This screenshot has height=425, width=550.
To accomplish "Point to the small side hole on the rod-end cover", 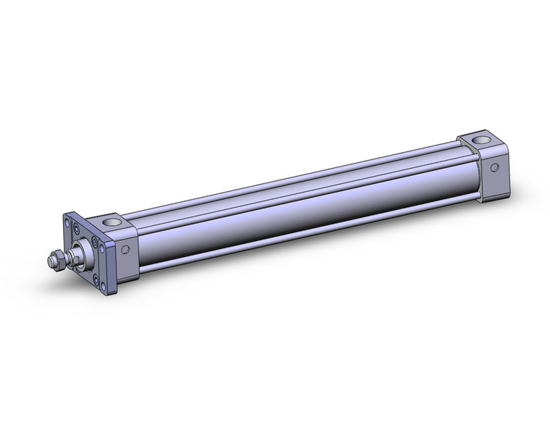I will click(125, 250).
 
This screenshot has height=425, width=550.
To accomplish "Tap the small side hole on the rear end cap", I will click(495, 167).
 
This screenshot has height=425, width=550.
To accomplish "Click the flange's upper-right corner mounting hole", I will click(101, 248).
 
